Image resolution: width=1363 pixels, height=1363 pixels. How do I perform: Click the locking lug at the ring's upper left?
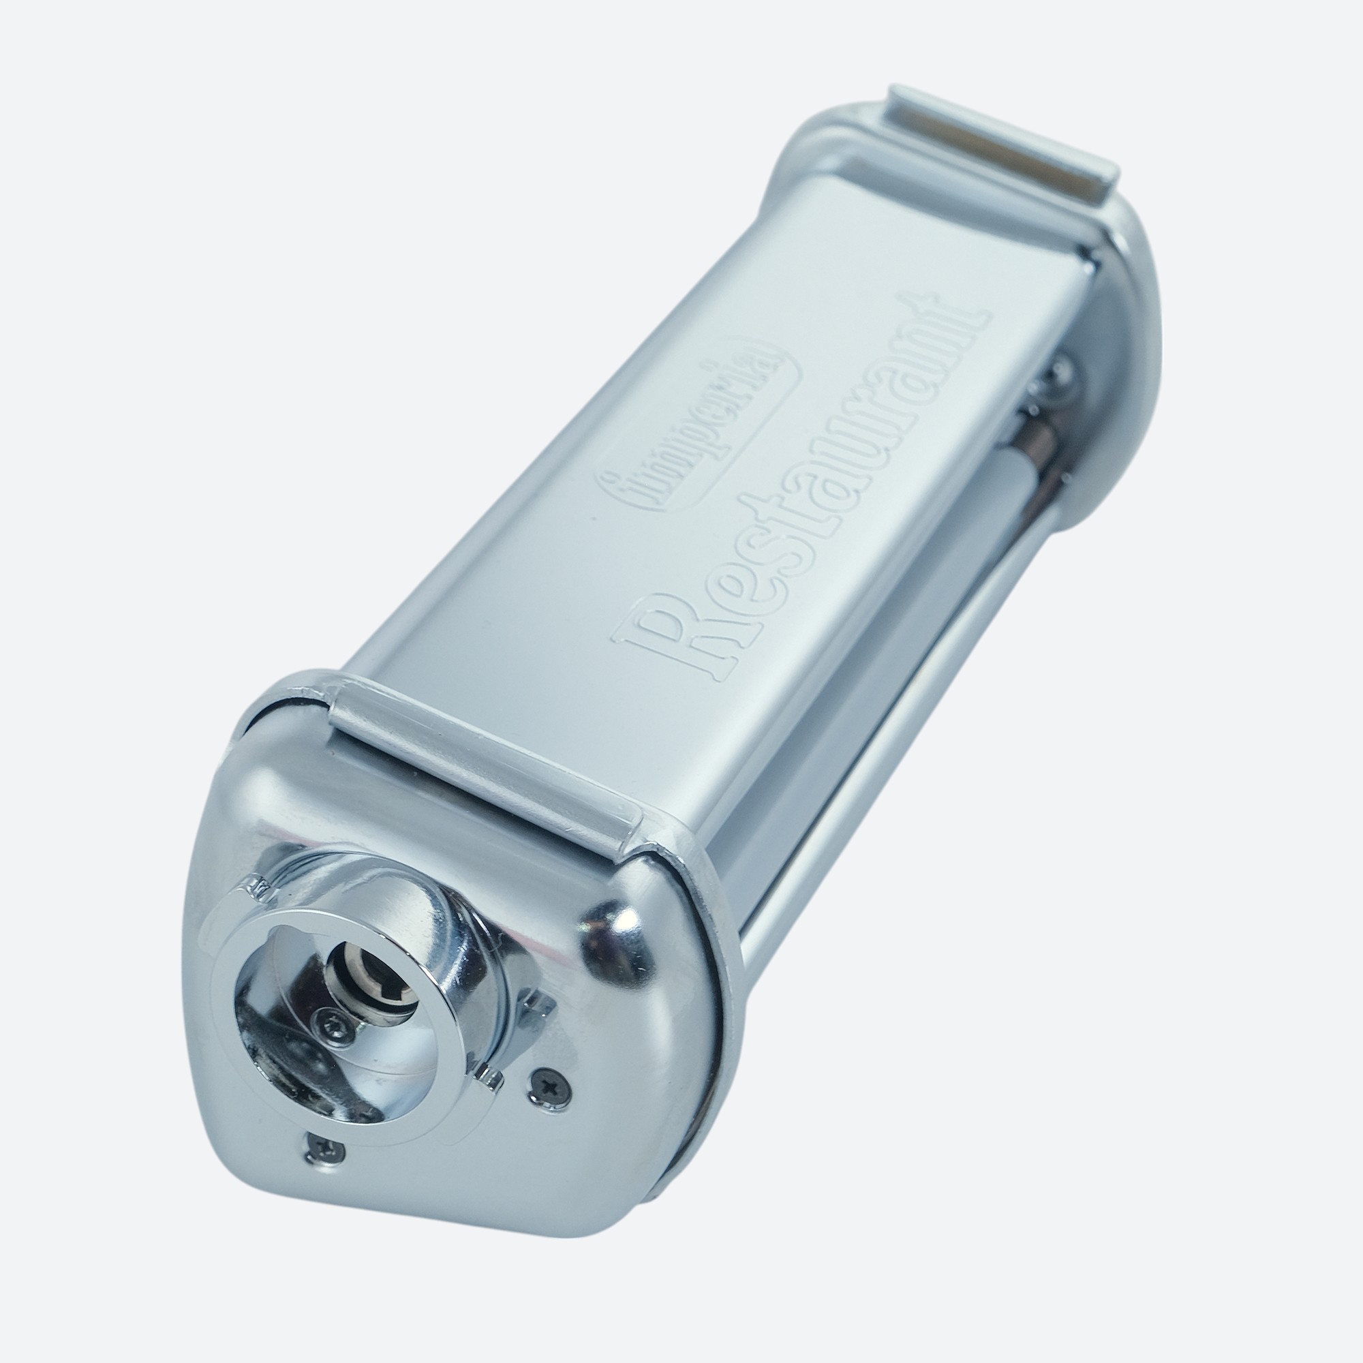257,890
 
